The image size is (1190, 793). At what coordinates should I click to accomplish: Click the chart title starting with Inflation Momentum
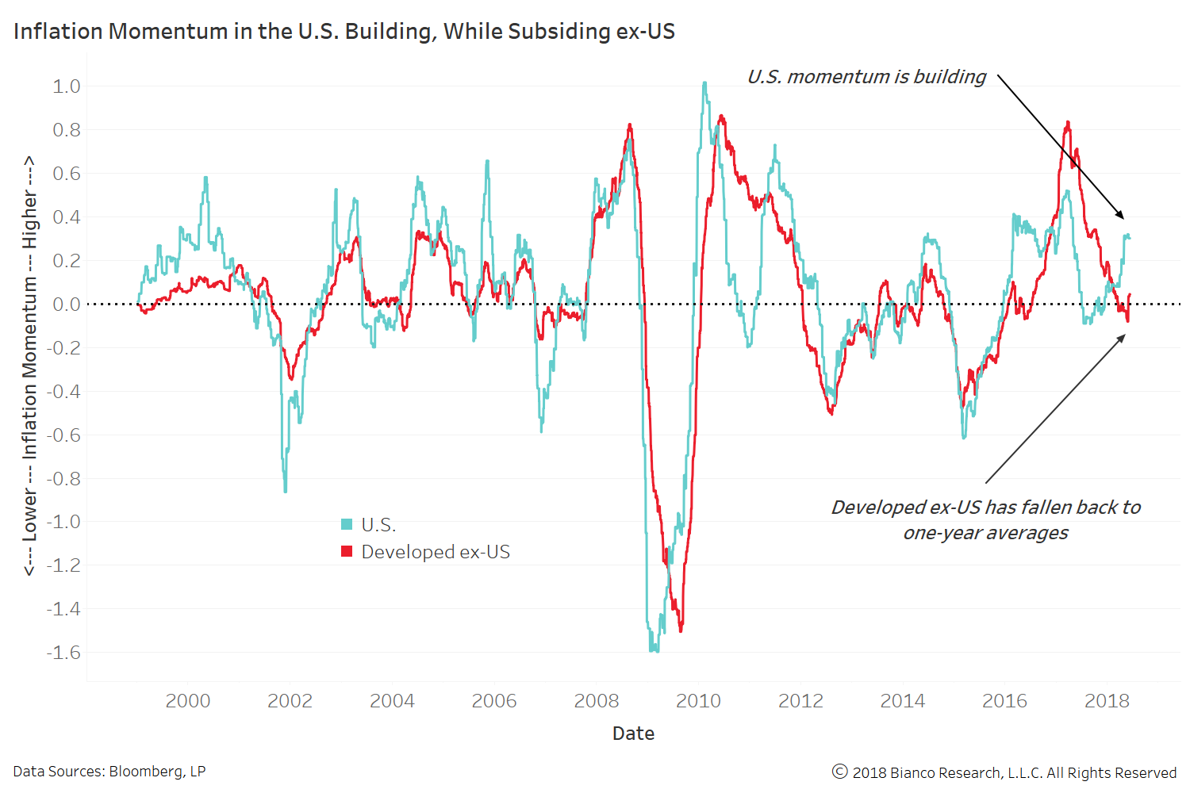[x=344, y=31]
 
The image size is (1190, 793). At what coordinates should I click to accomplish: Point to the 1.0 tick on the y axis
[x=67, y=86]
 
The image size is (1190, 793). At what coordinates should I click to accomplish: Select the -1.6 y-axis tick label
[x=63, y=653]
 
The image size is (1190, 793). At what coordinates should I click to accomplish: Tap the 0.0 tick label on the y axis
[x=67, y=305]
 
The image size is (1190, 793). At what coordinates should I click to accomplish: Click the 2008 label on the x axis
[x=596, y=701]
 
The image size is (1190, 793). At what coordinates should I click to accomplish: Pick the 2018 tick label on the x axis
[x=1107, y=701]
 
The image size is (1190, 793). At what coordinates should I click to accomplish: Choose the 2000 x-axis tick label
[x=188, y=701]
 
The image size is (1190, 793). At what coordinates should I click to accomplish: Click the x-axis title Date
[x=633, y=734]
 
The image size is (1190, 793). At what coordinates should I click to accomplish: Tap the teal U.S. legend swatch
[x=347, y=524]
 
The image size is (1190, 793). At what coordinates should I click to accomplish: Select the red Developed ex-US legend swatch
[x=347, y=551]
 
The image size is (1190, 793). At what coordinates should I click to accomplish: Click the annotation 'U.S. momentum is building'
[x=866, y=77]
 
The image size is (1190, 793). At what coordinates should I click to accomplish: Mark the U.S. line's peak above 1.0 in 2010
[x=704, y=82]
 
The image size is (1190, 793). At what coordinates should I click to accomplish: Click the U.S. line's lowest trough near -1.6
[x=654, y=650]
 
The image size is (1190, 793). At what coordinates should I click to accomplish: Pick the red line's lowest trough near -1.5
[x=681, y=630]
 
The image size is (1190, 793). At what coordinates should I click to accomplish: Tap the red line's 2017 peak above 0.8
[x=1068, y=122]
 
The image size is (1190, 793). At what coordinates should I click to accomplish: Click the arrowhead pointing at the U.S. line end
[x=1121, y=216]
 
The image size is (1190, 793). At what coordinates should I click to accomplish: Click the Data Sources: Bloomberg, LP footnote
[x=109, y=772]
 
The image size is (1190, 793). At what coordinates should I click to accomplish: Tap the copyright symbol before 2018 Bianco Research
[x=840, y=772]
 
